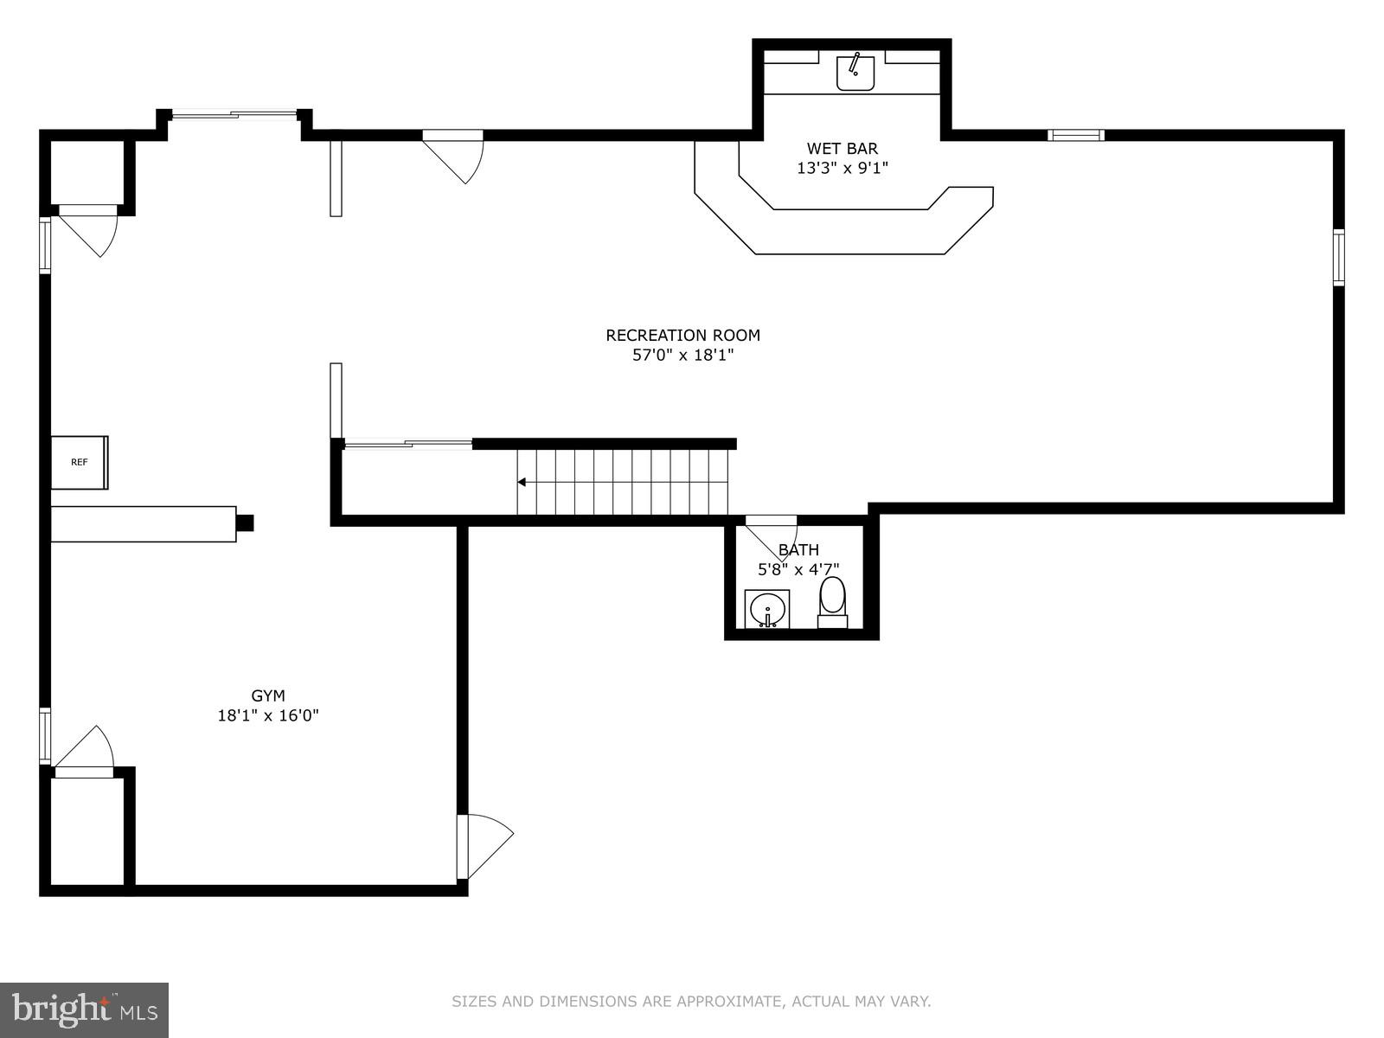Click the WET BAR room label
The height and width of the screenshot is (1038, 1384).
pos(842,149)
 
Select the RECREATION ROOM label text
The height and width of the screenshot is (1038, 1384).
pos(682,335)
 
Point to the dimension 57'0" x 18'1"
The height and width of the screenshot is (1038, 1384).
pos(682,355)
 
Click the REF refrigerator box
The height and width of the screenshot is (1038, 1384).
pos(80,462)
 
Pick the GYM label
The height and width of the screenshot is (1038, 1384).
pos(268,695)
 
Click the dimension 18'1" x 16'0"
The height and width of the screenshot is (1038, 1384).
pos(268,715)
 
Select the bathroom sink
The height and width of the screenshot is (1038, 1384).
pos(767,609)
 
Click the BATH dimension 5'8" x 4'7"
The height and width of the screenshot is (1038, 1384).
pos(798,569)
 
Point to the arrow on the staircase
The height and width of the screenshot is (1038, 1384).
pos(522,482)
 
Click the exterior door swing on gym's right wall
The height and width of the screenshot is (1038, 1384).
pos(484,843)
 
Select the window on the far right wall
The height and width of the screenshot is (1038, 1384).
pos(1338,258)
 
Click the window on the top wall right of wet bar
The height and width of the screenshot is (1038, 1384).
pos(1075,135)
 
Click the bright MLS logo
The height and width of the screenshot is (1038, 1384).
pos(84,1009)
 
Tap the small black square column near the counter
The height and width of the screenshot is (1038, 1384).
pos(245,522)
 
